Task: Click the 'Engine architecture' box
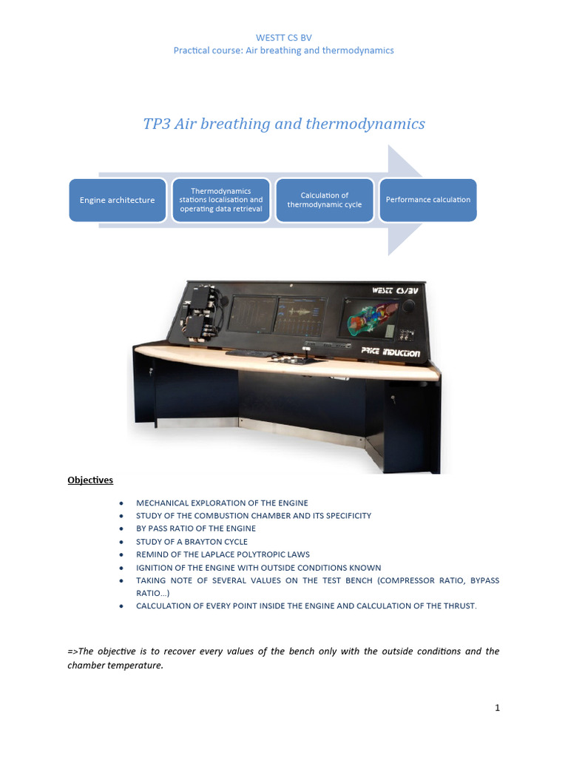[x=117, y=200]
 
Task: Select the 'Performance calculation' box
[x=428, y=200]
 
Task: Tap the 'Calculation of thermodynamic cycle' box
[x=324, y=200]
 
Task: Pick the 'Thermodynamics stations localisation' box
[x=220, y=200]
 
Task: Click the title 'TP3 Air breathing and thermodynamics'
[x=284, y=124]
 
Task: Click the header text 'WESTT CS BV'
[x=283, y=37]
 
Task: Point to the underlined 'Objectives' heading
[x=90, y=480]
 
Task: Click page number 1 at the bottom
[x=498, y=708]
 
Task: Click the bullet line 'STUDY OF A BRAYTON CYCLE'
[x=192, y=542]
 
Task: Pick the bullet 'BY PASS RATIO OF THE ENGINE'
[x=195, y=529]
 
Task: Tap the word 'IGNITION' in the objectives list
[x=155, y=568]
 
